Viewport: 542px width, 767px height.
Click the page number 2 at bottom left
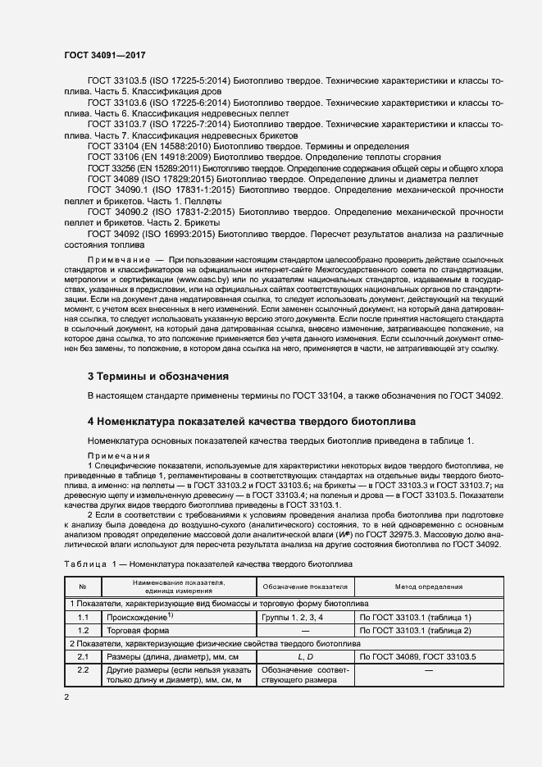[x=66, y=696]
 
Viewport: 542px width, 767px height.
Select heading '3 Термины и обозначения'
[x=157, y=377]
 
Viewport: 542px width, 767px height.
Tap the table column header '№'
[x=83, y=587]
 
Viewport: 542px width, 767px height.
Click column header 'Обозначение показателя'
[x=304, y=587]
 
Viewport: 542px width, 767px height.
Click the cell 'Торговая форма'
[x=137, y=630]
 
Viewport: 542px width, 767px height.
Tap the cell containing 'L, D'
[x=304, y=657]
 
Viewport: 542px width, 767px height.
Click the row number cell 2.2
[x=83, y=670]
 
